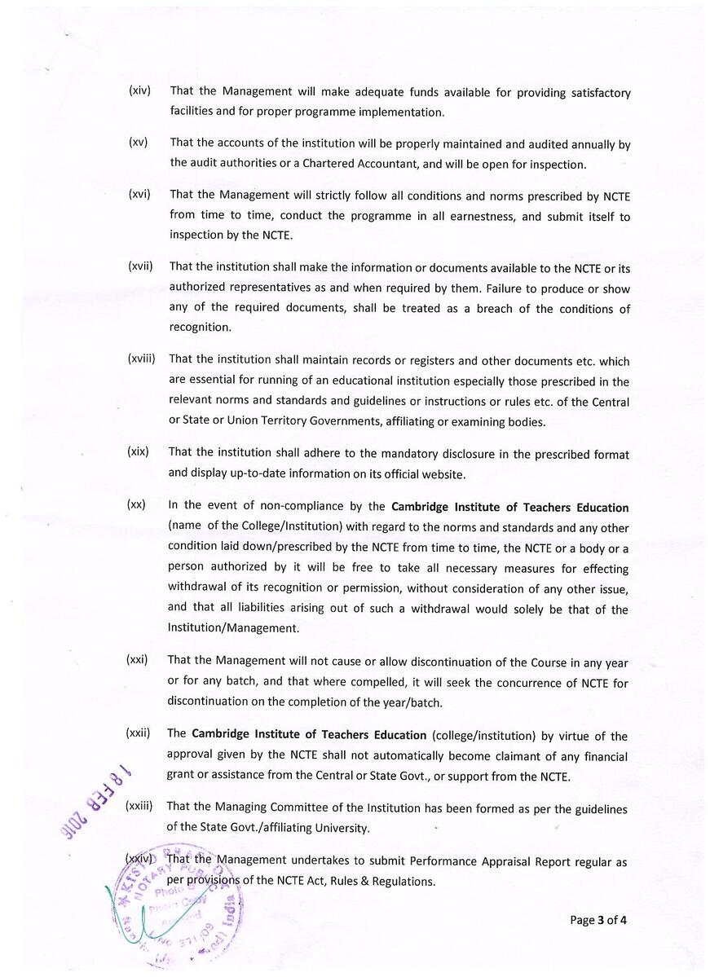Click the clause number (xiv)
tap(139, 90)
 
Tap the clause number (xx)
tap(136, 504)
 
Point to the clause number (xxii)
tap(139, 733)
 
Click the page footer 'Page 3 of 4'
tap(598, 920)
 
